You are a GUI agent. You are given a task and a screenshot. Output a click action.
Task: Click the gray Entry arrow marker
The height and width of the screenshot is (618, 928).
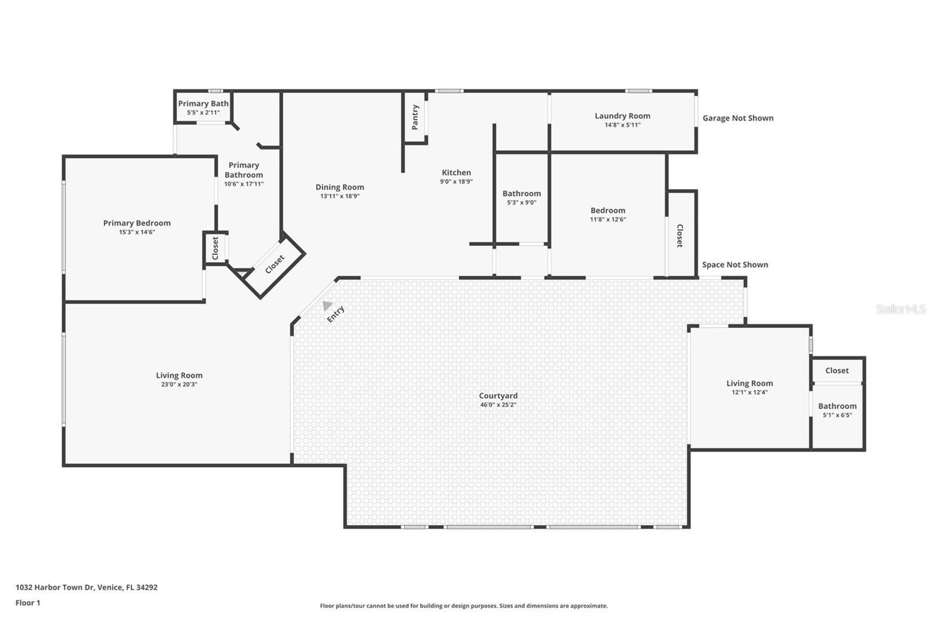click(x=327, y=306)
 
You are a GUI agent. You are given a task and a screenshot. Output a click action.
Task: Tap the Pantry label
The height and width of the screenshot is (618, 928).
click(x=415, y=117)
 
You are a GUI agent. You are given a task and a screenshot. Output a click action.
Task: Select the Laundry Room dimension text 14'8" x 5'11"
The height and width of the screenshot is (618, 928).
click(x=622, y=125)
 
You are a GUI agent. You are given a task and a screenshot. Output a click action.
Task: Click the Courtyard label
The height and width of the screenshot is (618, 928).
click(x=498, y=395)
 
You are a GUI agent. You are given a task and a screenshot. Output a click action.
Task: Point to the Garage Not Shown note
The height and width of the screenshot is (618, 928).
click(x=738, y=118)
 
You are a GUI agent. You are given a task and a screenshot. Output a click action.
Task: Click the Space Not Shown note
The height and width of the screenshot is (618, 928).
click(x=735, y=265)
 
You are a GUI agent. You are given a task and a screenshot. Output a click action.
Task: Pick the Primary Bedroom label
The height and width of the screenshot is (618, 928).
click(x=137, y=223)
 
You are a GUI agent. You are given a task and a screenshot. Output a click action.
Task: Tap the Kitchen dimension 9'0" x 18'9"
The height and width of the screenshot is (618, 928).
click(x=456, y=181)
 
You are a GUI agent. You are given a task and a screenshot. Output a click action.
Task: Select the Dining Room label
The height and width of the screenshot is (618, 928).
click(x=340, y=187)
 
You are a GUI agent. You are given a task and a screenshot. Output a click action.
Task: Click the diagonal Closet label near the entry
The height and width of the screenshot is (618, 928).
click(x=275, y=264)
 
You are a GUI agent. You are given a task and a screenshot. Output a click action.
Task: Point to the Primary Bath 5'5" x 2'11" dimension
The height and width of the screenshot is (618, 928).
click(x=203, y=112)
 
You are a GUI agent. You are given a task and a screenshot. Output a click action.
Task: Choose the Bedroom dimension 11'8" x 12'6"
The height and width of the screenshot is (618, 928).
click(x=608, y=220)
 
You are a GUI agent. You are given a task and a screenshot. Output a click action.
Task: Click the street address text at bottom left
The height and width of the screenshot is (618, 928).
click(x=86, y=587)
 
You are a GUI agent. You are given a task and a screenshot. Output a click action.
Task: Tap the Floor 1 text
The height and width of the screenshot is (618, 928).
click(x=28, y=603)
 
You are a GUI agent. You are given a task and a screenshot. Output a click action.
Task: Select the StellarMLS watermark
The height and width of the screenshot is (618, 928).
click(x=901, y=308)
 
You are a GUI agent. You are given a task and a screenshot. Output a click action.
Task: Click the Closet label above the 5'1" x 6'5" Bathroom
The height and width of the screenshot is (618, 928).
click(x=837, y=370)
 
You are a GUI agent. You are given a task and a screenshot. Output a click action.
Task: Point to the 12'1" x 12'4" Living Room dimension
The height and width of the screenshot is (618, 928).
click(x=749, y=392)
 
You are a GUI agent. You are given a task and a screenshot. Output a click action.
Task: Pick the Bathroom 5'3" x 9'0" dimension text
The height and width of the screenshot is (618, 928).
click(x=521, y=202)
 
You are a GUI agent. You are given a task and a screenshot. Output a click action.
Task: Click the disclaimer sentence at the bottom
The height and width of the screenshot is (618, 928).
click(x=463, y=606)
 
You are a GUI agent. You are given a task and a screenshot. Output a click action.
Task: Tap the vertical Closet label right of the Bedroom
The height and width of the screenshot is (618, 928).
click(x=680, y=236)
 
